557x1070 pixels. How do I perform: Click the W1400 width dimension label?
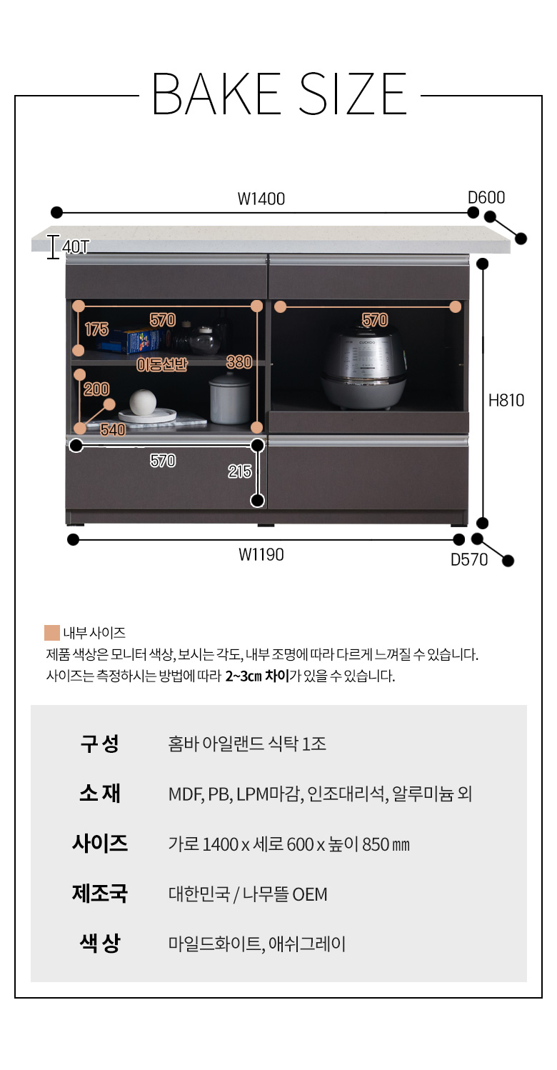(x=261, y=199)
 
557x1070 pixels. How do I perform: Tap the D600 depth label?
(x=486, y=197)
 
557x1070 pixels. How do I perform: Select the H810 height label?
(x=506, y=400)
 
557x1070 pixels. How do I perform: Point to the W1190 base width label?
(x=261, y=554)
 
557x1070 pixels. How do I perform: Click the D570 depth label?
(x=469, y=559)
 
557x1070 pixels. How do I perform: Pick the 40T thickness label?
(x=76, y=247)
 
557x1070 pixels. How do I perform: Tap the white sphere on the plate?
(x=143, y=401)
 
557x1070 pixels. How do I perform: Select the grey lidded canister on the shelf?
(x=229, y=398)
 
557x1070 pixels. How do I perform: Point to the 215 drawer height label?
(x=239, y=471)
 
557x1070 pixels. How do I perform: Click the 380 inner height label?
(x=239, y=362)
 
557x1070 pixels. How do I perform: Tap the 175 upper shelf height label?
(x=96, y=329)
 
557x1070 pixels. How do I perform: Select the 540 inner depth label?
(x=113, y=430)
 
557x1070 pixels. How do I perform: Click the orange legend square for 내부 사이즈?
(x=52, y=632)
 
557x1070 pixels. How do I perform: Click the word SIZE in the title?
(x=353, y=94)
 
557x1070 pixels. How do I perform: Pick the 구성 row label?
(x=99, y=744)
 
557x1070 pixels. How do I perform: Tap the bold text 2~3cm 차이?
(x=257, y=676)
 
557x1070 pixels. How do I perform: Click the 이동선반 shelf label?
(x=162, y=365)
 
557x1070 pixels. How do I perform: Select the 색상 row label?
(x=99, y=943)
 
